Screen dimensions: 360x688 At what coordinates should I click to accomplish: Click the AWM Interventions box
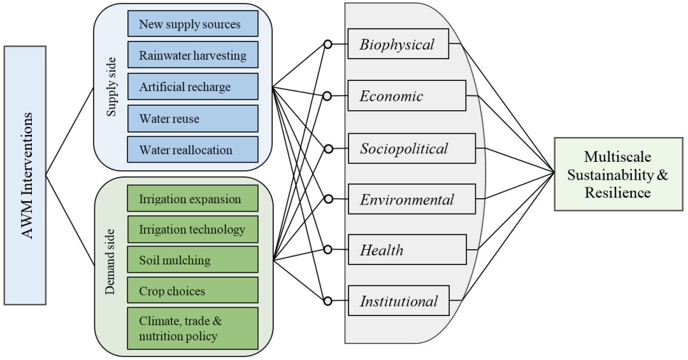tap(25, 175)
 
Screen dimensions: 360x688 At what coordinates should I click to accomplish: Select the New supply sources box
tap(192, 24)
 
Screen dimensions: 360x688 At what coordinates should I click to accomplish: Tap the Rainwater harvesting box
tap(192, 55)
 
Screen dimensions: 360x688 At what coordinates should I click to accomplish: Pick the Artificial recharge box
tap(192, 87)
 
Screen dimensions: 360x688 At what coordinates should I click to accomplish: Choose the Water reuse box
tap(192, 119)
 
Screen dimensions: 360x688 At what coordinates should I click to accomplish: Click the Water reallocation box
tap(192, 150)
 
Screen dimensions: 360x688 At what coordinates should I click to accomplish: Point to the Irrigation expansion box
tap(192, 199)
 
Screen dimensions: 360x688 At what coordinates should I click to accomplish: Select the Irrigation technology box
tap(192, 229)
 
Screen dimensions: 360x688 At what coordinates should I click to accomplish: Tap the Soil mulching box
tap(192, 260)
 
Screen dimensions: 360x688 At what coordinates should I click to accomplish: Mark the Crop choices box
tap(192, 291)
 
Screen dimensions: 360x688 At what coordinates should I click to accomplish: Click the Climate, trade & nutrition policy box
tap(192, 328)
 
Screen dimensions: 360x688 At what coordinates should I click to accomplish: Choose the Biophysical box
tap(398, 45)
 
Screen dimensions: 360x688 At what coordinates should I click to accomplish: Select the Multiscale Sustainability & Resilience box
tap(619, 175)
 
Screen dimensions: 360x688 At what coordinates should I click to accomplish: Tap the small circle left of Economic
tap(327, 96)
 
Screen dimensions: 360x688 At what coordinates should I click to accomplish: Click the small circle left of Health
tap(327, 250)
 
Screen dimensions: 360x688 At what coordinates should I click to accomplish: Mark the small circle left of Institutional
tap(327, 301)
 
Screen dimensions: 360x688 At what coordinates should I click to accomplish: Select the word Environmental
tap(407, 199)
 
